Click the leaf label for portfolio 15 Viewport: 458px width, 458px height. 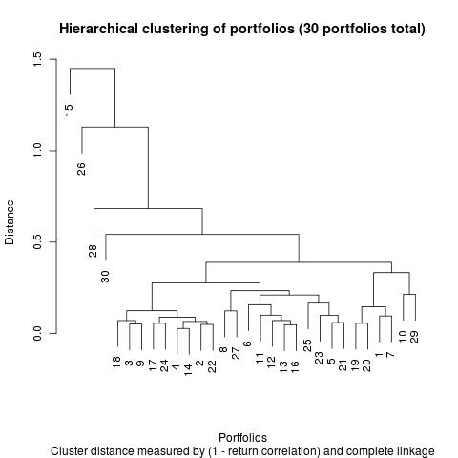click(x=69, y=110)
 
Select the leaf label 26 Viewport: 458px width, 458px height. click(x=81, y=169)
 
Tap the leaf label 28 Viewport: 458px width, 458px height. click(x=93, y=251)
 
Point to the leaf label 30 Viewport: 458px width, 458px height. click(x=105, y=277)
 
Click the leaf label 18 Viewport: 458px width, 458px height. click(x=116, y=363)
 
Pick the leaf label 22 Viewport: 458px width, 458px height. click(x=212, y=366)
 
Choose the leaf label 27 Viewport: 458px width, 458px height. click(x=236, y=353)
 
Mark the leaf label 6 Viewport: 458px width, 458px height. click(x=247, y=343)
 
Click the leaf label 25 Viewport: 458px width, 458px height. click(x=307, y=345)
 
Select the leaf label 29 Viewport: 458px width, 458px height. click(x=415, y=337)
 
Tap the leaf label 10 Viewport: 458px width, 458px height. click(x=403, y=337)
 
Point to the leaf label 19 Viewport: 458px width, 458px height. click(x=355, y=365)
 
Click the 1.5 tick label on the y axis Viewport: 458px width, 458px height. click(x=37, y=59)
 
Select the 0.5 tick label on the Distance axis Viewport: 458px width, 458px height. click(x=37, y=242)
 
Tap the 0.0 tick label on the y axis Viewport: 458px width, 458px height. click(x=37, y=333)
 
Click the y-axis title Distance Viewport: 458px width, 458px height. click(x=10, y=222)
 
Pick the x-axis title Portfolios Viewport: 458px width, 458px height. click(x=242, y=438)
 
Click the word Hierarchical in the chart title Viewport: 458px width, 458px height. click(x=98, y=29)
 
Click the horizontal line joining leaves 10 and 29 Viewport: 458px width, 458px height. click(x=409, y=295)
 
